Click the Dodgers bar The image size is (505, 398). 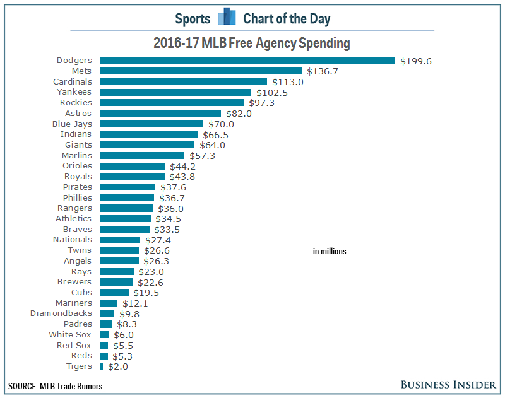point(247,61)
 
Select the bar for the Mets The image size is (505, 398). point(201,71)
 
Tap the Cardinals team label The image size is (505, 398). point(73,81)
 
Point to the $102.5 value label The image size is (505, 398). point(271,92)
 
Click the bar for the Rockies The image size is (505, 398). point(172,103)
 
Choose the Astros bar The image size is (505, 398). point(160,114)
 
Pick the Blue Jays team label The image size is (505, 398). point(72,124)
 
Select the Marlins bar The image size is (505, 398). point(142,155)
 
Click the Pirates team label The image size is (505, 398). point(77,187)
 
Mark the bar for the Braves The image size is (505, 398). point(125,229)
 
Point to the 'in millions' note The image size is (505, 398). point(330,252)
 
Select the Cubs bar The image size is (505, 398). point(114,292)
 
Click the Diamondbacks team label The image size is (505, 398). point(61,313)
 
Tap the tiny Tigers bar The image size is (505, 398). point(102,366)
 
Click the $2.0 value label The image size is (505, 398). point(118,366)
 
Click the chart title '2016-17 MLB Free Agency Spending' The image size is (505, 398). point(252,44)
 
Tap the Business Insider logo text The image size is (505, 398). point(448,384)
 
